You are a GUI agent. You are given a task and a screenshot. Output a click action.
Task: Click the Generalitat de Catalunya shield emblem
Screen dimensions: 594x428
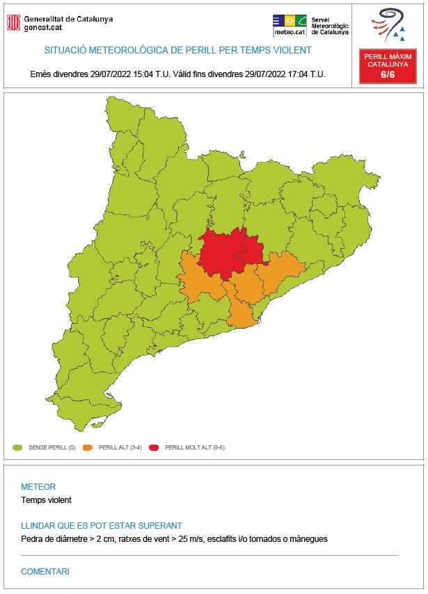click(x=13, y=23)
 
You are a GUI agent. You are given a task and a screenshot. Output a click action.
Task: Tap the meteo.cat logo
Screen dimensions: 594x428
click(x=290, y=25)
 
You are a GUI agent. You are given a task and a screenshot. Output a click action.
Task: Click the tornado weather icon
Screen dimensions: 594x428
click(x=389, y=25)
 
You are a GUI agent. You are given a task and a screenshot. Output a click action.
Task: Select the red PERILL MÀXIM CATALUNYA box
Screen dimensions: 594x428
click(x=387, y=67)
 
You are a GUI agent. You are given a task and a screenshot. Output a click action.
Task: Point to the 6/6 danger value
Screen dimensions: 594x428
click(x=387, y=75)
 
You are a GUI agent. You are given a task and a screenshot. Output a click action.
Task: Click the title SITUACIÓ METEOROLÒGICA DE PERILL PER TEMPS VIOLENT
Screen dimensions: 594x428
click(x=177, y=50)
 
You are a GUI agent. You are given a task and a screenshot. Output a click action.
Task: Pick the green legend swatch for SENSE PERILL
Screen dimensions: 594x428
click(x=18, y=448)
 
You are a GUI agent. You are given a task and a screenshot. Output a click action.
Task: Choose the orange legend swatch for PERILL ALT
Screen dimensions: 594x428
click(x=88, y=448)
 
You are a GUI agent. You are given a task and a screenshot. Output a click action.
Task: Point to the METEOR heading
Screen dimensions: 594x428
click(x=38, y=487)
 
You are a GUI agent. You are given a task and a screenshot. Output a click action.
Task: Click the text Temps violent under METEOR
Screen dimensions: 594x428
click(x=46, y=500)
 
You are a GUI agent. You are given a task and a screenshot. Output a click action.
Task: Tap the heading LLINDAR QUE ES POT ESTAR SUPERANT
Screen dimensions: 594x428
click(x=102, y=526)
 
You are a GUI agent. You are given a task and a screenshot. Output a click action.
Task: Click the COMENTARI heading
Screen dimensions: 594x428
click(x=45, y=572)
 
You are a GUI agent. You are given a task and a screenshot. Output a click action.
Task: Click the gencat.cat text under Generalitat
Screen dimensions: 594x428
click(x=45, y=28)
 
